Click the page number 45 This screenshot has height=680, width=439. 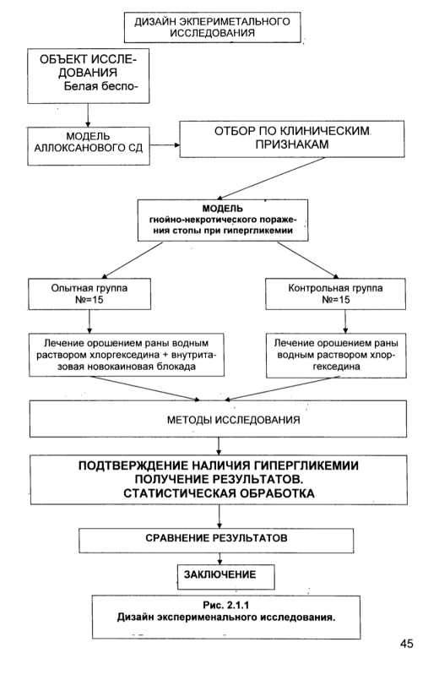(x=407, y=644)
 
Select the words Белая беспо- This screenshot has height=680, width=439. (x=100, y=86)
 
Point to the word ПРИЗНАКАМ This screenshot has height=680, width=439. (x=291, y=144)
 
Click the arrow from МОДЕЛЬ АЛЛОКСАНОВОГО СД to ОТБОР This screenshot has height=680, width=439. (x=165, y=144)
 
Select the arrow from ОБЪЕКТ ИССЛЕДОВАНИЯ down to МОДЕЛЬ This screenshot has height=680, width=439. (x=88, y=115)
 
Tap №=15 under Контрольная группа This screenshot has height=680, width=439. (x=335, y=300)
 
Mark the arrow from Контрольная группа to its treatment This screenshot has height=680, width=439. (x=345, y=321)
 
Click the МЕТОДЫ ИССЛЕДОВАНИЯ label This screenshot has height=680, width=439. (x=233, y=420)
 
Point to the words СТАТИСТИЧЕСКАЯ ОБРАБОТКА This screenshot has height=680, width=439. (x=219, y=493)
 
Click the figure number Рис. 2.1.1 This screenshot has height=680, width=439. (x=225, y=605)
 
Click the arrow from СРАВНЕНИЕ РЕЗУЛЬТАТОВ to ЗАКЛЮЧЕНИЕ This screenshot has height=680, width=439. (x=219, y=558)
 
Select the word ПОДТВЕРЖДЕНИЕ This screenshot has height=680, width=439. (x=133, y=465)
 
